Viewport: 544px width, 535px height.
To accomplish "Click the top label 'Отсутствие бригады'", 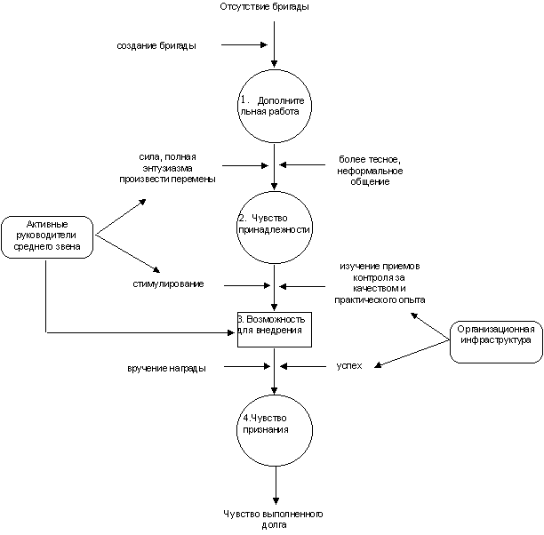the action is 264,6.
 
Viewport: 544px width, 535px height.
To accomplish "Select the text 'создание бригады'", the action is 156,45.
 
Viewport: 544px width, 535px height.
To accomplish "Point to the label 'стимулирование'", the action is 168,283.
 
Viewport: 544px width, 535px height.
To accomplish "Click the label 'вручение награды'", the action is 166,368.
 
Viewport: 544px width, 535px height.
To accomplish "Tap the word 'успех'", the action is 349,365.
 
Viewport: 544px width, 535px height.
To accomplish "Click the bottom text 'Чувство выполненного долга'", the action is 274,519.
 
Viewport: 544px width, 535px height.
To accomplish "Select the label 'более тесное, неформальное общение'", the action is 370,171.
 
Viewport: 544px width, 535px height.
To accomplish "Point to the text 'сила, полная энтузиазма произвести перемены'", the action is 168,168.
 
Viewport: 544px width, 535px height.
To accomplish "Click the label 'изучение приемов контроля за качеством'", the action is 380,283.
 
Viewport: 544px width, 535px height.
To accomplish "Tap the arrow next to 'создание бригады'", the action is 244,44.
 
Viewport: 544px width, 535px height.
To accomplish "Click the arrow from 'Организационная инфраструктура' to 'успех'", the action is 412,354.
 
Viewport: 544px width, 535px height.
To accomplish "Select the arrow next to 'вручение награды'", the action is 247,366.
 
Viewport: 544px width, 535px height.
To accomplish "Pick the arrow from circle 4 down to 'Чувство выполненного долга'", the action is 276,485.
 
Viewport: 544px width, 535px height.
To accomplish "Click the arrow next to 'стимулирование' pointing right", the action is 247,285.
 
